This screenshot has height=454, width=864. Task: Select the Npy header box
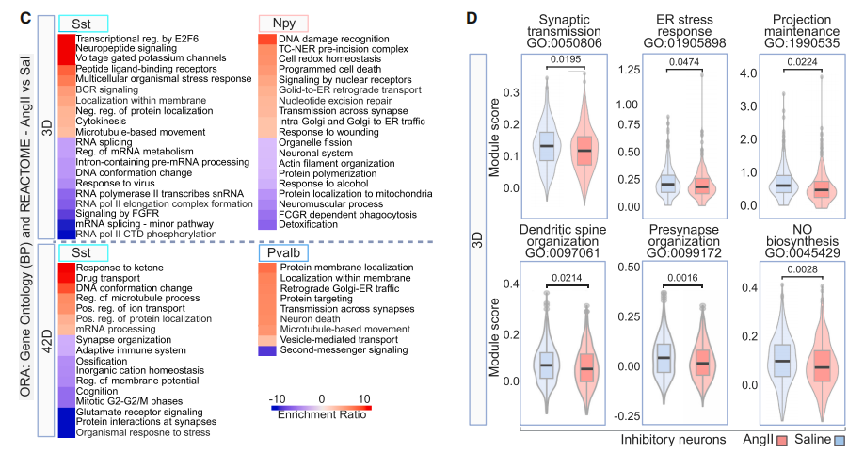284,22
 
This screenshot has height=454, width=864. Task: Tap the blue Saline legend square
840,441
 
